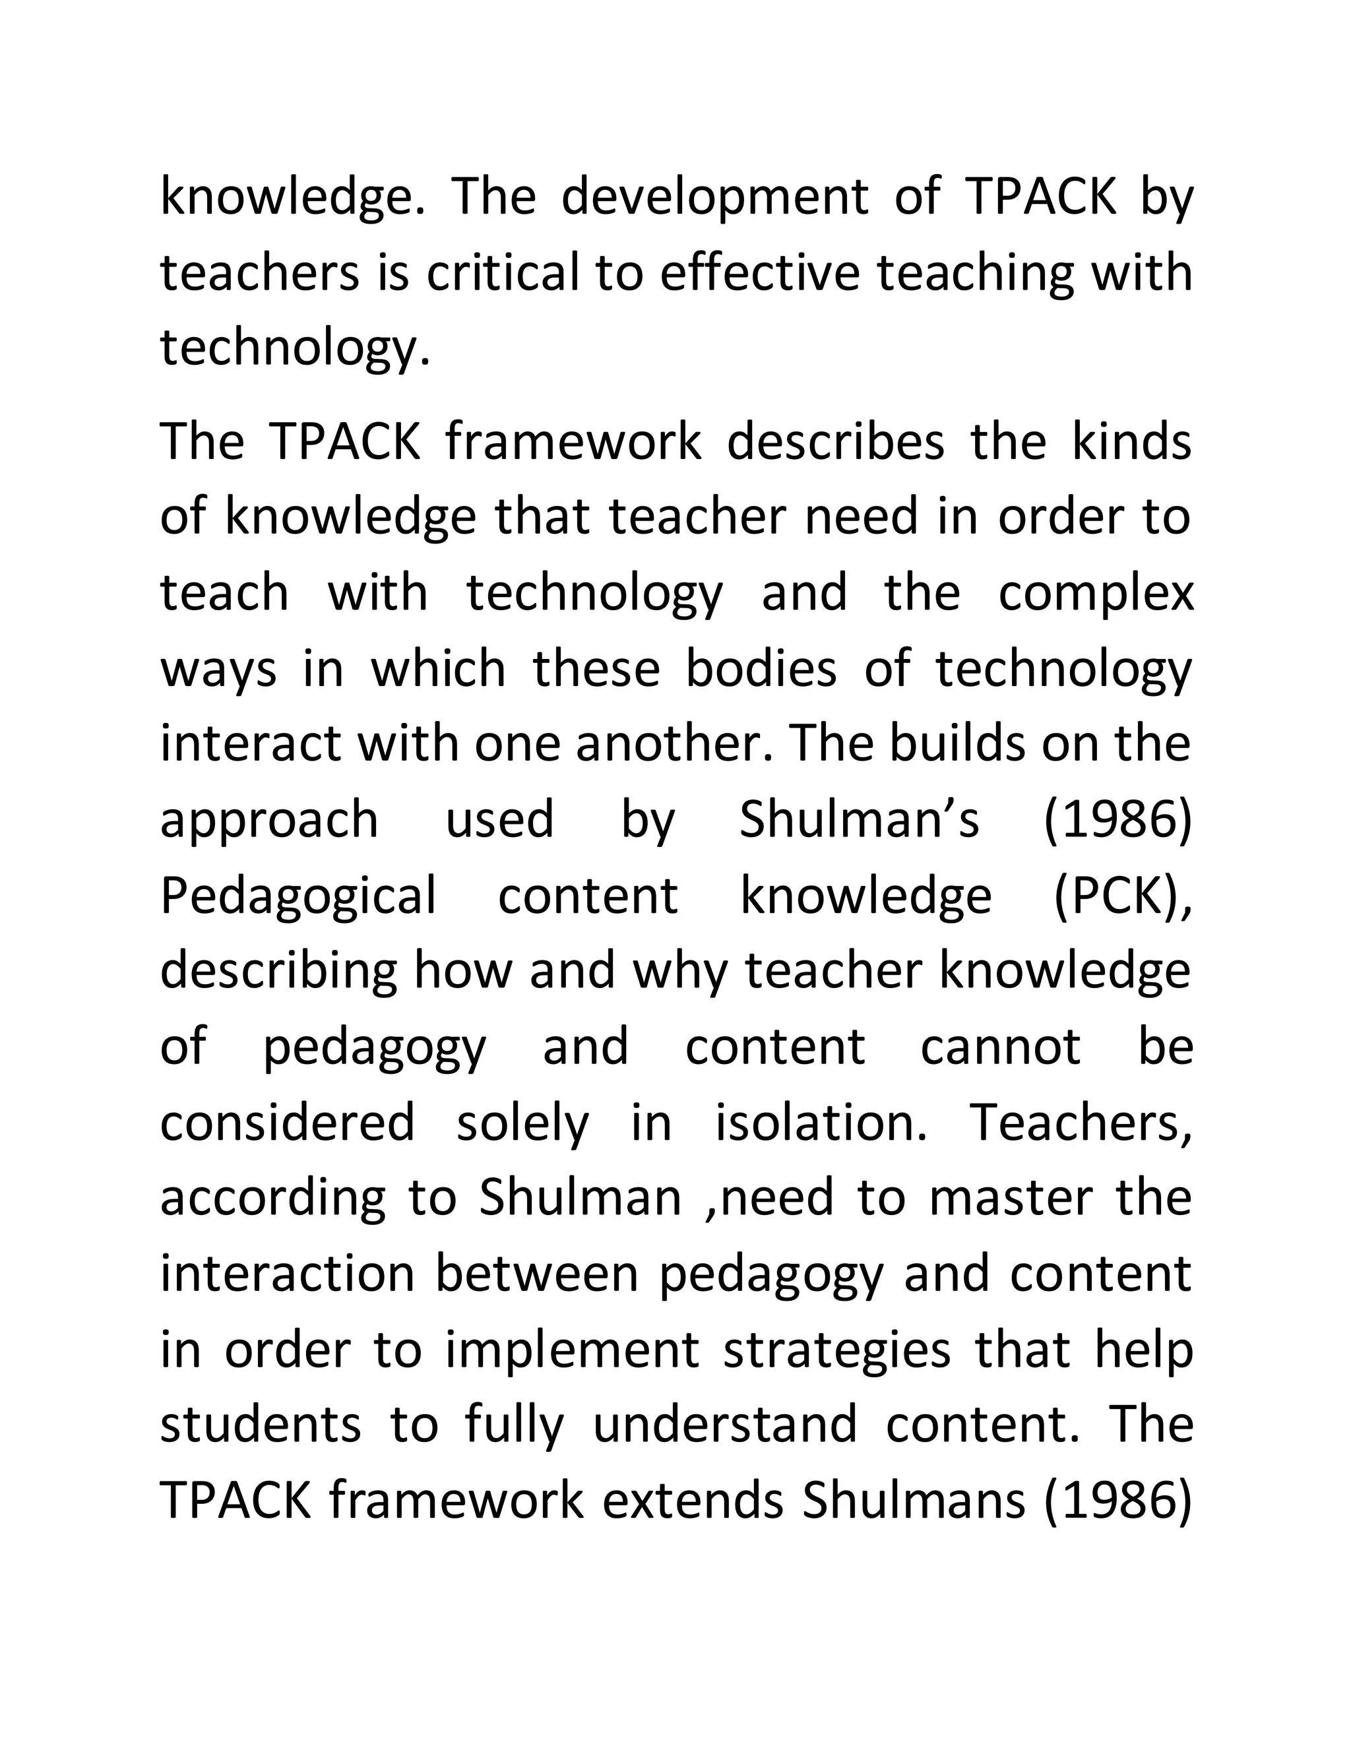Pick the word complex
click(x=1096, y=592)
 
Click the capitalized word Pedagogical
click(x=299, y=896)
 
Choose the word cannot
click(x=1001, y=1047)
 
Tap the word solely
click(x=522, y=1123)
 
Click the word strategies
click(x=837, y=1350)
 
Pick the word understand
click(x=724, y=1425)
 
